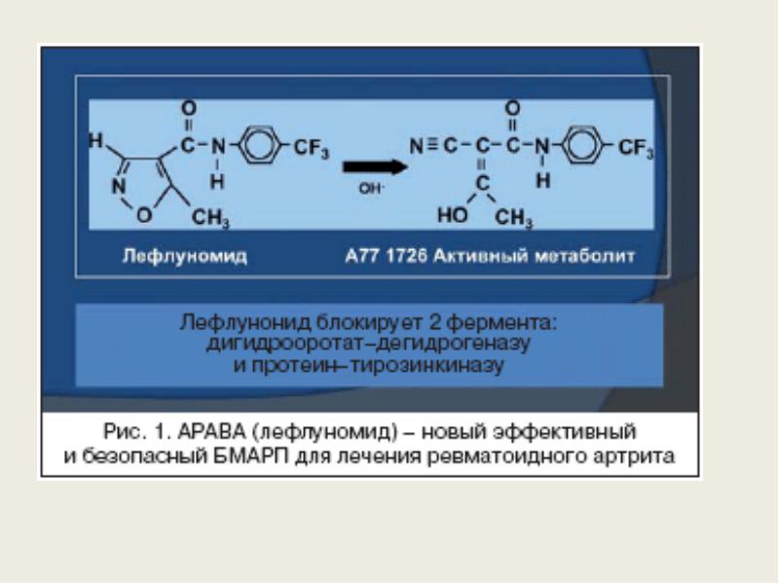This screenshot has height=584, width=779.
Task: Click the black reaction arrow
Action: pos(375,166)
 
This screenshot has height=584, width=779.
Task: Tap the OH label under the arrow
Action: pos(371,189)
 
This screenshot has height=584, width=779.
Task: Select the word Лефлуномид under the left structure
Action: pos(185,256)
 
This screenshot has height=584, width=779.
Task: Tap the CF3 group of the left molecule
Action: pos(312,149)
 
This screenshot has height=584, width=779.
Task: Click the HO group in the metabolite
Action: pos(453,215)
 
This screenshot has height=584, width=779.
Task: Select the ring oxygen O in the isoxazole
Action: pos(144,215)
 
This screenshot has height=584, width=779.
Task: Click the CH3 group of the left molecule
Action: pos(210,218)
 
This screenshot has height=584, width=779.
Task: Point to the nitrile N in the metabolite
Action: pos(417,147)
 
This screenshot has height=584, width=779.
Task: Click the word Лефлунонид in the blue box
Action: pos(246,323)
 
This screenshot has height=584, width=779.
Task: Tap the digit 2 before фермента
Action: pos(434,323)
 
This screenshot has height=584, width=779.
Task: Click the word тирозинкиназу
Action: pos(427,366)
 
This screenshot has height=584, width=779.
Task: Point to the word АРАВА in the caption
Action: pos(211,431)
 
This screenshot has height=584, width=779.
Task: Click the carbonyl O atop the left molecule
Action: pos(189,108)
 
